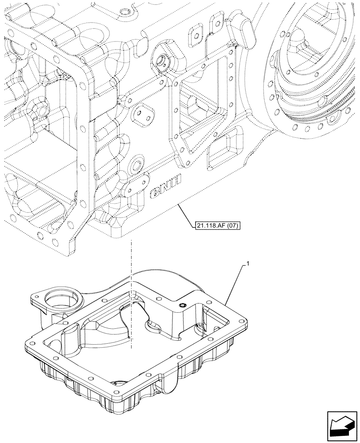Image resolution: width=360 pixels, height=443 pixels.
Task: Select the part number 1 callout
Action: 248,264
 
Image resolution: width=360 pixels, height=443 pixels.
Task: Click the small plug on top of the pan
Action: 183,305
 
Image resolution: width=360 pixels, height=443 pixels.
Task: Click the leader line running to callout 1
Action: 235,283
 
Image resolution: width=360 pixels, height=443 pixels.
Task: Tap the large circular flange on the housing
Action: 310,75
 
